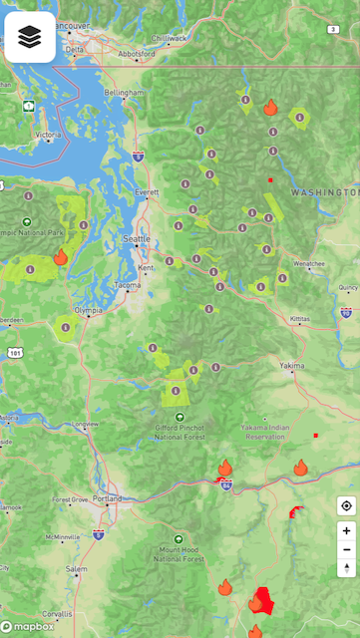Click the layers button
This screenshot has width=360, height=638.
click(30, 38)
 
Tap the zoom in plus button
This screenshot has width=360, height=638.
click(346, 530)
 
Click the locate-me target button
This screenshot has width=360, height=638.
click(346, 506)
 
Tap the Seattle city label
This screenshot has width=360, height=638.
click(137, 239)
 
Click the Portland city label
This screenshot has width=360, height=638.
click(109, 498)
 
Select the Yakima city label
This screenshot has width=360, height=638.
click(292, 365)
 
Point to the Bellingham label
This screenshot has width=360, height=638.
click(125, 92)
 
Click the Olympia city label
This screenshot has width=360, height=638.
click(88, 310)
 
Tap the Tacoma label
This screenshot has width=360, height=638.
click(128, 286)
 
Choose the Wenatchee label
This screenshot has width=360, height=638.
click(309, 263)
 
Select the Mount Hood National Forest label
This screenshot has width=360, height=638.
click(181, 554)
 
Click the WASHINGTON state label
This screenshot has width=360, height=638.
click(323, 190)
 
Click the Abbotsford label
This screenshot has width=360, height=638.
click(137, 53)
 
